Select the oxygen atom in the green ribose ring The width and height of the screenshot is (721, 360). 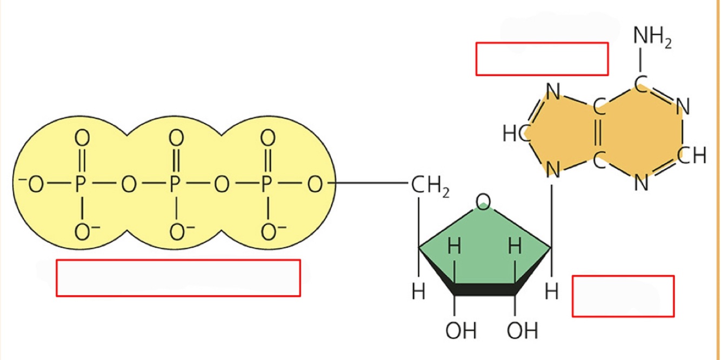tap(484, 202)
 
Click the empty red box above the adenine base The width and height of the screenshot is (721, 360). tap(542, 59)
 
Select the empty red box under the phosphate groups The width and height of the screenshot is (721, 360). tap(178, 278)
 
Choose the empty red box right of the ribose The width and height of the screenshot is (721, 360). tap(623, 296)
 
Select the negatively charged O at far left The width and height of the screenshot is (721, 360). tap(34, 185)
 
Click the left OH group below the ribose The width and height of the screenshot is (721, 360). tap(460, 330)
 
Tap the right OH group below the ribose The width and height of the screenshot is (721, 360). tap(522, 330)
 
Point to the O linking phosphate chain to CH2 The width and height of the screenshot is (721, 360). tap(314, 185)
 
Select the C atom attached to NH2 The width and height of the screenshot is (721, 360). tap(640, 82)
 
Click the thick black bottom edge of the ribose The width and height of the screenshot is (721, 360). tap(484, 291)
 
